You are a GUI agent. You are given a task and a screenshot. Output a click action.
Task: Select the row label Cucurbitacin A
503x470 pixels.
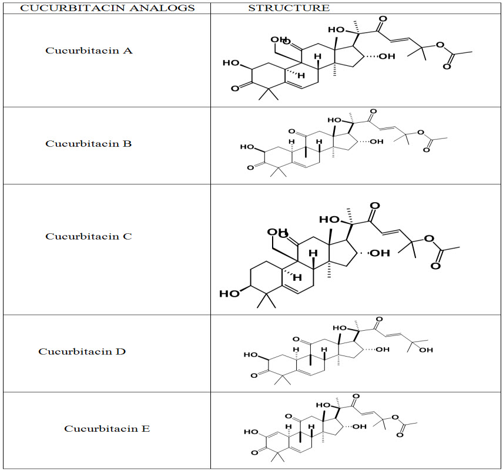coord(89,51)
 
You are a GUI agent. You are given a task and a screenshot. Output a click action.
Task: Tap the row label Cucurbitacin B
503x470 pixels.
coord(89,143)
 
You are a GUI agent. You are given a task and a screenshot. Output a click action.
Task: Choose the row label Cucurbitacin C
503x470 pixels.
coord(89,236)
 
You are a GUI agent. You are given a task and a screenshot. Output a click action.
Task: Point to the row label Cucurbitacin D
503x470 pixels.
coord(82,351)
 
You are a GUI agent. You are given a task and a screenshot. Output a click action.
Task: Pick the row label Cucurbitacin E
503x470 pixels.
coord(107,428)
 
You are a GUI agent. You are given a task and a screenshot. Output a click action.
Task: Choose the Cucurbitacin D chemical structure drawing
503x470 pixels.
coord(341,352)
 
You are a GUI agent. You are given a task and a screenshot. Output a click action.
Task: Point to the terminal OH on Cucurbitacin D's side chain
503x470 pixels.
coord(426,351)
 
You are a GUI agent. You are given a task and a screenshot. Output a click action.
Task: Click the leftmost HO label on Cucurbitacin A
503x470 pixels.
coord(231,63)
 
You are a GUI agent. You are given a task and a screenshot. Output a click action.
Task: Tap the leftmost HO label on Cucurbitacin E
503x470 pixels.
coord(251,432)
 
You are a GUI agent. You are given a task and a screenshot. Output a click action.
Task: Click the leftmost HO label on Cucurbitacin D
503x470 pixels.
coord(251,355)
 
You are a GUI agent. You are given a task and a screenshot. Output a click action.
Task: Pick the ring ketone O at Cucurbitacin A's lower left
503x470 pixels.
coord(235,88)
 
